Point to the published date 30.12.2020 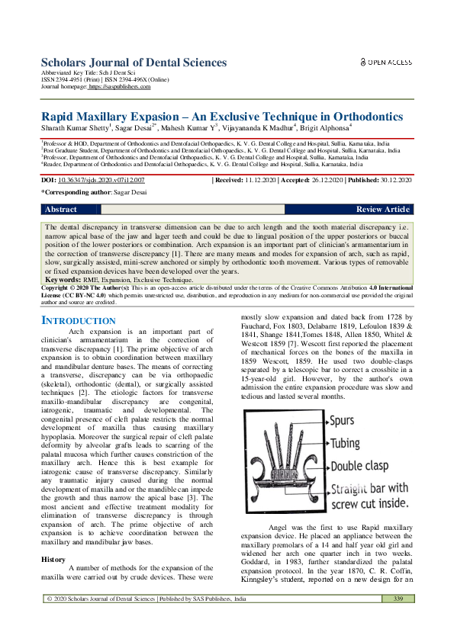391,180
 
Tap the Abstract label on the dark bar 61,209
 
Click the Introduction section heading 78,321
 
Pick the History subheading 53,539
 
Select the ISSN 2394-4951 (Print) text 69,80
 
